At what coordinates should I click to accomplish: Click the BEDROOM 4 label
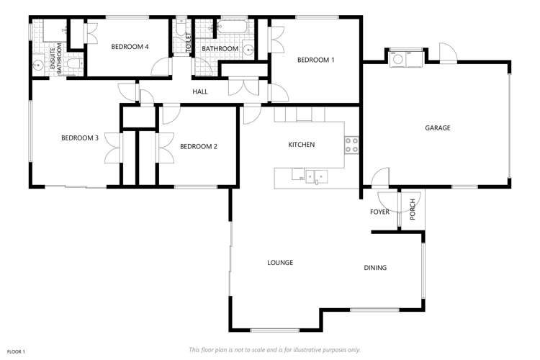coord(130,47)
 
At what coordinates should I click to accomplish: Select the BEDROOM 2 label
coord(199,146)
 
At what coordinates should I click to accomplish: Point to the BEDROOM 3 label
coord(79,138)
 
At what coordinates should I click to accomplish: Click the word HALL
coord(200,91)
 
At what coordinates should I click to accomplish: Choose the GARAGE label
coord(437,127)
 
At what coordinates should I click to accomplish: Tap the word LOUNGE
coord(279,263)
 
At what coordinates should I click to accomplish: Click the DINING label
coord(375,268)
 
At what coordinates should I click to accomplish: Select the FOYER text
coord(379,212)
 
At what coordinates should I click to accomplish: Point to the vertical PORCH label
coord(413,209)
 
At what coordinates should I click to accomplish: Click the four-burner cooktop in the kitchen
coord(352,145)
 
